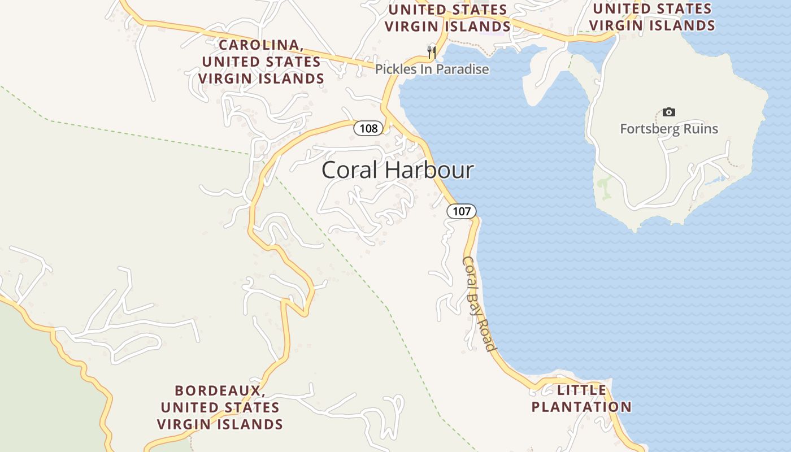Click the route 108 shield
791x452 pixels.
tap(368, 128)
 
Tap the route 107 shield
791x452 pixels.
tap(462, 211)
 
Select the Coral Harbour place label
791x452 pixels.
tap(398, 170)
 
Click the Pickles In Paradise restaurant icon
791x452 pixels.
tap(432, 53)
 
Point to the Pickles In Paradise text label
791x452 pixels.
tap(432, 69)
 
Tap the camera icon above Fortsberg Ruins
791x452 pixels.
tap(669, 112)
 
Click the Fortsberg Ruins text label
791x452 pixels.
tap(669, 129)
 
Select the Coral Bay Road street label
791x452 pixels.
tap(479, 303)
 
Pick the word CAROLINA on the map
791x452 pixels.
tap(260, 45)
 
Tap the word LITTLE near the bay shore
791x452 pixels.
tap(582, 390)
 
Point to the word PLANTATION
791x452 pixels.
tap(581, 407)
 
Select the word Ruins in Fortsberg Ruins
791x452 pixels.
tap(699, 129)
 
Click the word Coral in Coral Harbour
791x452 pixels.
tap(348, 170)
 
